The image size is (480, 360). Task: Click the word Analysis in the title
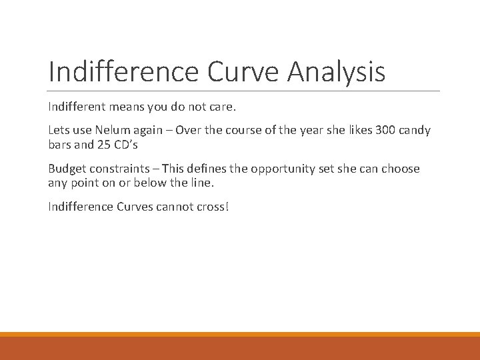point(336,71)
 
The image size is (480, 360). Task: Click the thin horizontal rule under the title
point(244,91)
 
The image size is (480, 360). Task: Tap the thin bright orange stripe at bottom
point(240,334)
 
